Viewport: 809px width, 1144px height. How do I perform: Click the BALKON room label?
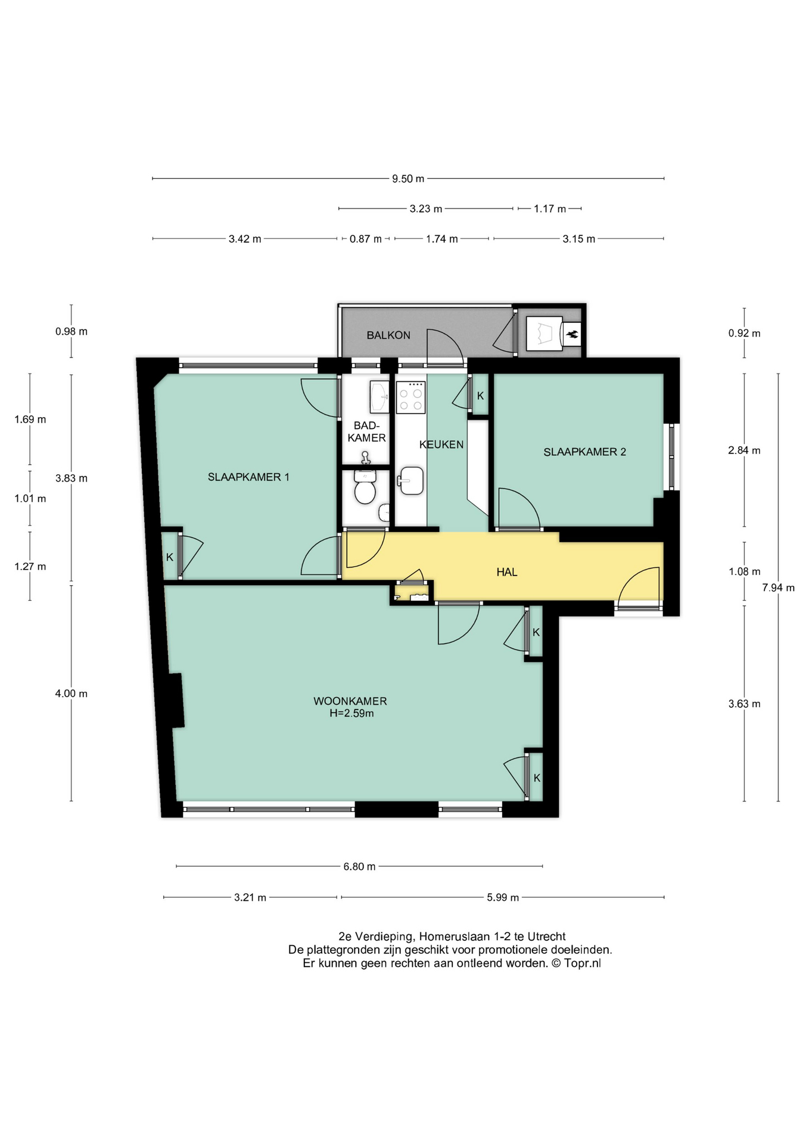(388, 335)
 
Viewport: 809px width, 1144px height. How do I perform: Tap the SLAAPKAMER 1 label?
(248, 477)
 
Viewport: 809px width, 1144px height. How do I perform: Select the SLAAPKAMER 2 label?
(584, 452)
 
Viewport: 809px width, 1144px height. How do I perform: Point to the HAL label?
(507, 573)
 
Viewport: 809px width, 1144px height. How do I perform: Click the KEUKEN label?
(441, 444)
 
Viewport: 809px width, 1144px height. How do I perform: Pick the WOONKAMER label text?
(350, 701)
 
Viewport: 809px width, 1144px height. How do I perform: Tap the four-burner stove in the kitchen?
(410, 397)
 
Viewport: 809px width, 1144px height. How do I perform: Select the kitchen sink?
(411, 481)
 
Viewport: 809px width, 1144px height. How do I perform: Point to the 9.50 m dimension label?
(408, 179)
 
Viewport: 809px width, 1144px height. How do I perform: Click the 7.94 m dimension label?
(778, 588)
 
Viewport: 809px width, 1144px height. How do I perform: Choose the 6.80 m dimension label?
(359, 867)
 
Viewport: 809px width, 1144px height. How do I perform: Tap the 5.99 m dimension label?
(503, 898)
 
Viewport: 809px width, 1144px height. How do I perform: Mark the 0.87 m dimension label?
(366, 240)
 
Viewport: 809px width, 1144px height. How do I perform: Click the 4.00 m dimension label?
(71, 694)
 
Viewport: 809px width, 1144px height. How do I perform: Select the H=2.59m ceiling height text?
(351, 714)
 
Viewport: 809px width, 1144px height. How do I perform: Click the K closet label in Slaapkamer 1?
(170, 558)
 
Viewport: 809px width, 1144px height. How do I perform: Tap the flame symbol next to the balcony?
(572, 334)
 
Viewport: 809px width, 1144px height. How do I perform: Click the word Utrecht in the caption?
(546, 937)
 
